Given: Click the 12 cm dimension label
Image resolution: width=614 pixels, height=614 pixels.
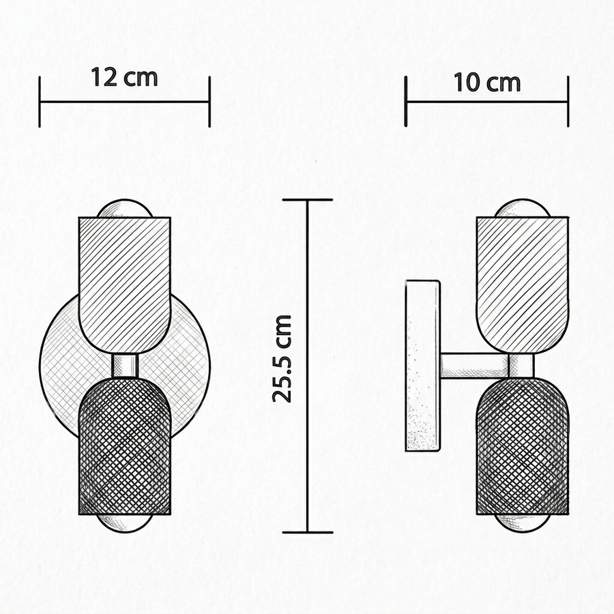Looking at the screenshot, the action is (125, 77).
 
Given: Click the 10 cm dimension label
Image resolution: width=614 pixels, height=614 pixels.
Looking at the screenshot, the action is (487, 83).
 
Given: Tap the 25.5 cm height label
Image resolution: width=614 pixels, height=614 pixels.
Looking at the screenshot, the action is (282, 359).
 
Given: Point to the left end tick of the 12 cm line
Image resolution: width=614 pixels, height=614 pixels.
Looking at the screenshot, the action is (40, 102).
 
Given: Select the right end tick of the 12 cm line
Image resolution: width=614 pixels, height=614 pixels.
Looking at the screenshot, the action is (209, 102).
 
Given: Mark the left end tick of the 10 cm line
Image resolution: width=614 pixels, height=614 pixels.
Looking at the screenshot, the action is (406, 102).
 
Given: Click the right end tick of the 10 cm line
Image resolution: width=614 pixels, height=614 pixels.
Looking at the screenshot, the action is (568, 102).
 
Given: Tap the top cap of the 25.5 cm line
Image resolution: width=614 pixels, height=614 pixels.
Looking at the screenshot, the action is (308, 200).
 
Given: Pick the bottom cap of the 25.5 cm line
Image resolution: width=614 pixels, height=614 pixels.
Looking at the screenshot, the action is (308, 533).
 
